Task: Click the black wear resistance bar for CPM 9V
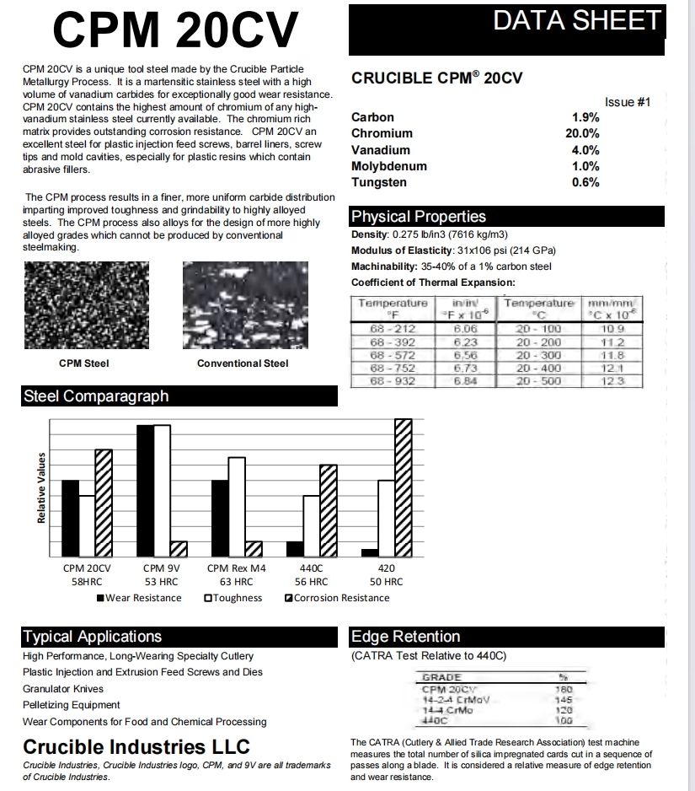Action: (x=145, y=491)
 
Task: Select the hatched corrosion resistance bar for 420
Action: (x=403, y=487)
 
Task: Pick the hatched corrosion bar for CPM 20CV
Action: (x=103, y=503)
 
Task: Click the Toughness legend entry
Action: (x=233, y=598)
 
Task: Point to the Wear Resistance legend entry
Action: (x=139, y=598)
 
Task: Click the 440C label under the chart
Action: (x=311, y=568)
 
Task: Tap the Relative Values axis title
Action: (x=41, y=487)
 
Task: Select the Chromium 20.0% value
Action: (x=582, y=133)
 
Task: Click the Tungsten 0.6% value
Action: (x=585, y=182)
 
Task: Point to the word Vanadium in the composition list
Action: (x=381, y=150)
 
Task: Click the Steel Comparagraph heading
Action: (x=96, y=396)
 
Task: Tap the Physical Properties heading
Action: (x=419, y=217)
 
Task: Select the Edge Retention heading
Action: (x=406, y=637)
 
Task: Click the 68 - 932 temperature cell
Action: (x=393, y=381)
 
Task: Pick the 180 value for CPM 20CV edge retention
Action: (x=564, y=689)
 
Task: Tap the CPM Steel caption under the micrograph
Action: (x=83, y=363)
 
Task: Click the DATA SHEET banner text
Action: (x=577, y=21)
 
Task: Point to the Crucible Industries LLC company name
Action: (x=136, y=747)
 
